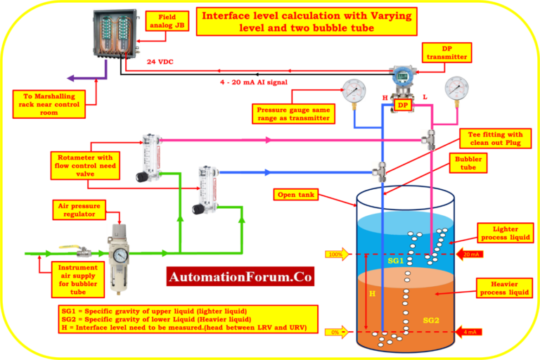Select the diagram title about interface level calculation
pos(306,21)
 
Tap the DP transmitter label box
pos(446,51)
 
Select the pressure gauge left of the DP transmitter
pos(351,89)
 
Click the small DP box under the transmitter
pos(403,105)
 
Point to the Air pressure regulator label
pos(79,208)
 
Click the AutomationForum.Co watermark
pos(241,277)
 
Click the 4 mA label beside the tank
pos(469,330)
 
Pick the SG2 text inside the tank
pos(430,320)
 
